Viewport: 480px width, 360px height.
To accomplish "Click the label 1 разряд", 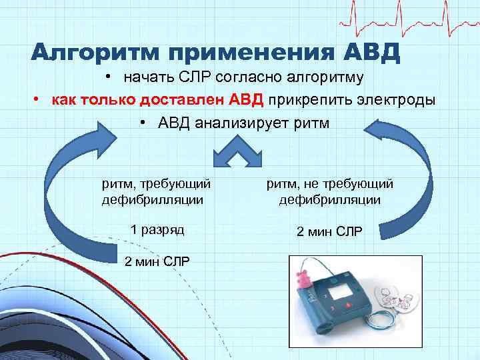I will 157,229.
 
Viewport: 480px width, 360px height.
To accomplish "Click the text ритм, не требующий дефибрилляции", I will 330,191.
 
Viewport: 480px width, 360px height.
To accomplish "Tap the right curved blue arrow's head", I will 380,133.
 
